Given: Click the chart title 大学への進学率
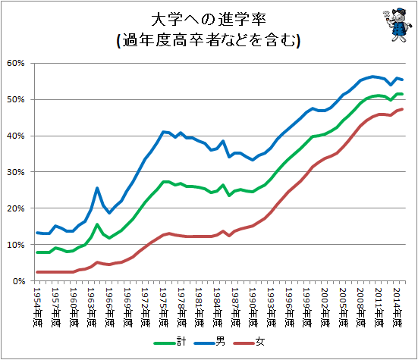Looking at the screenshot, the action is click(209, 20).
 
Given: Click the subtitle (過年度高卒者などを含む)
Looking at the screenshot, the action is click(209, 40).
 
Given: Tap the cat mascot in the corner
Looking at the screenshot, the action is click(398, 25).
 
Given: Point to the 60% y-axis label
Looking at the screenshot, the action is click(16, 63).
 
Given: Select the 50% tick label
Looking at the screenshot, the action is click(16, 99).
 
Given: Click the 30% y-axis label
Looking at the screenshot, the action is click(16, 172).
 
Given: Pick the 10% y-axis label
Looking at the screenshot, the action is click(16, 245).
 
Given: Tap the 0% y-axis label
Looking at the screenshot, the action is click(19, 281).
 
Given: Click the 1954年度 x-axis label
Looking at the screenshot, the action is click(37, 307).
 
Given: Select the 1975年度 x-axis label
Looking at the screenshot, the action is click(163, 307).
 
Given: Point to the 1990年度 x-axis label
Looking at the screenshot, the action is click(253, 307).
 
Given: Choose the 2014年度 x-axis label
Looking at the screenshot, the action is click(397, 307).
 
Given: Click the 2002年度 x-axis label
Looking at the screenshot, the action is click(325, 307).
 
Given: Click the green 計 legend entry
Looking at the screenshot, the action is click(170, 342).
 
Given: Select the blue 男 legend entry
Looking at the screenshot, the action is click(209, 342).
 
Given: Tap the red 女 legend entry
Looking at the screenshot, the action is click(249, 342).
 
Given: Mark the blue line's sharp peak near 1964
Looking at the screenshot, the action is click(97, 188).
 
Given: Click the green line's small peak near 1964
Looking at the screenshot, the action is click(97, 224).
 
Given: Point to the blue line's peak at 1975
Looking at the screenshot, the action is click(163, 132).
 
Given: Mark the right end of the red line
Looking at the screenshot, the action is click(402, 109).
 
